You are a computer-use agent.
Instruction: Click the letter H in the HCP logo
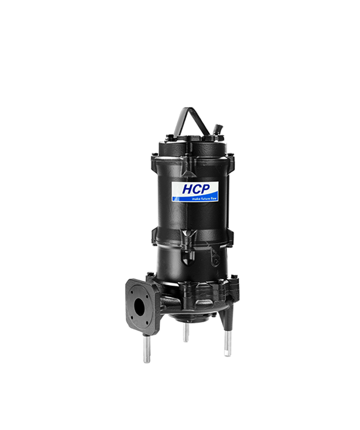(188, 189)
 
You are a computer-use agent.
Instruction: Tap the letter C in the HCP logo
(197, 189)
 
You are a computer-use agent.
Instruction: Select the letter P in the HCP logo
(206, 189)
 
